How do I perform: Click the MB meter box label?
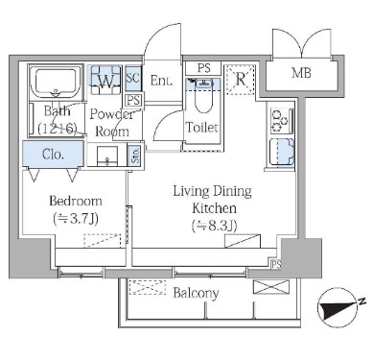(x=301, y=73)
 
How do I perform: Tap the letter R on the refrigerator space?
(x=241, y=79)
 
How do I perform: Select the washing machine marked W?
(x=105, y=80)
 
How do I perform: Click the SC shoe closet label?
(x=133, y=78)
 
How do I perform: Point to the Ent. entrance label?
(x=161, y=81)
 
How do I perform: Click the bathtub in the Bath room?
(x=56, y=82)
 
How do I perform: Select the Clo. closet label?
(x=53, y=155)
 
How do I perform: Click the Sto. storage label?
(x=135, y=156)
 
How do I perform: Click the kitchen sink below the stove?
(x=282, y=153)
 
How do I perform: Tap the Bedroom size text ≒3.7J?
(x=76, y=219)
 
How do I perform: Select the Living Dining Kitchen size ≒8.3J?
(x=214, y=226)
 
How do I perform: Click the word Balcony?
(x=196, y=293)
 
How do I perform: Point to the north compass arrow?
(x=339, y=307)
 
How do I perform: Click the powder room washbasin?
(x=107, y=156)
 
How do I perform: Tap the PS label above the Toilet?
(x=203, y=68)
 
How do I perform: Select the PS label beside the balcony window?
(x=276, y=264)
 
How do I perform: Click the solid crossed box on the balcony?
(x=271, y=287)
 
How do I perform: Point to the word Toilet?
(x=202, y=128)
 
